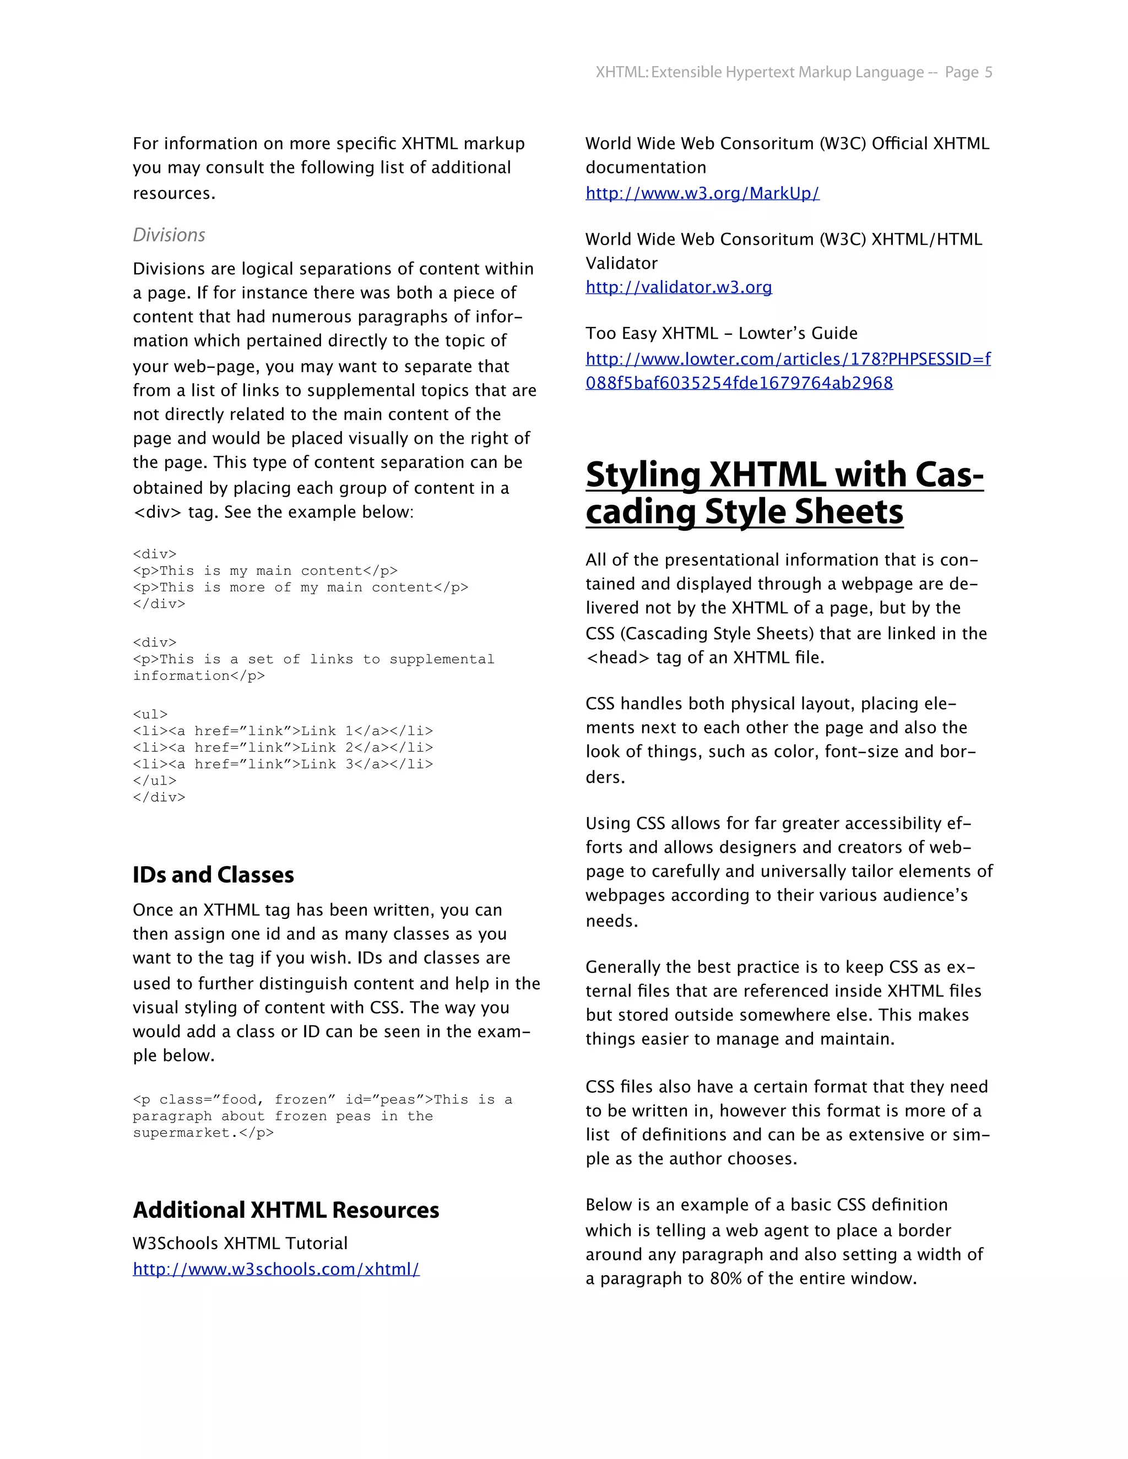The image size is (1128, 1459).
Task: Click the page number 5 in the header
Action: click(x=988, y=72)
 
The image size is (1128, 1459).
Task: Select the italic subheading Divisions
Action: click(x=169, y=235)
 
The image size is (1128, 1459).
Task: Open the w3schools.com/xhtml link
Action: click(x=276, y=1269)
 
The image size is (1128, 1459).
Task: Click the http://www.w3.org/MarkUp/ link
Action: click(x=702, y=193)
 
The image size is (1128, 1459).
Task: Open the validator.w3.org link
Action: click(x=678, y=287)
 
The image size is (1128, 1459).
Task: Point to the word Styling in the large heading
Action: click(x=643, y=475)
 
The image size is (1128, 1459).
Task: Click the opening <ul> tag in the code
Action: click(x=150, y=714)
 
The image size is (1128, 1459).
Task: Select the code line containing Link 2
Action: click(x=283, y=748)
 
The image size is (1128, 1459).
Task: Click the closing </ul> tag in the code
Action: click(x=154, y=780)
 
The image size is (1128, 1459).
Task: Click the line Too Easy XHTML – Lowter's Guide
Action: click(x=721, y=333)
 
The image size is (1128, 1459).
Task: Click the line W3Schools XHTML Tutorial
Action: click(x=240, y=1243)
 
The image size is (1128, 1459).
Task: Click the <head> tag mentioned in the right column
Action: click(x=617, y=657)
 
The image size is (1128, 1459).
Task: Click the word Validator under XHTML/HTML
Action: click(x=621, y=263)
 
